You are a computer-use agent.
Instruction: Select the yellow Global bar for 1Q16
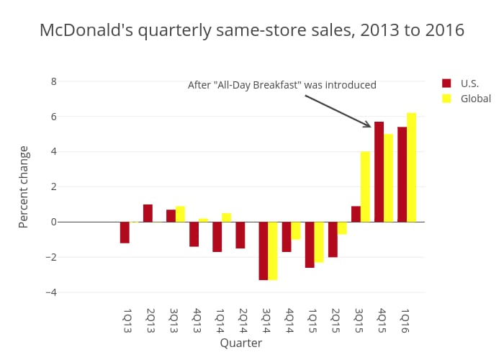[411, 167]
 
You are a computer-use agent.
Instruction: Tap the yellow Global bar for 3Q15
[365, 186]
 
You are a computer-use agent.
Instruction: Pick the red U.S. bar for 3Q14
[264, 251]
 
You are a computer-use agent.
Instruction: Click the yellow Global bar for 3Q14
[273, 251]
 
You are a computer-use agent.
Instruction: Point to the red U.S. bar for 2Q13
[148, 213]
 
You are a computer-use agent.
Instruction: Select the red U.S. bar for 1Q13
[125, 233]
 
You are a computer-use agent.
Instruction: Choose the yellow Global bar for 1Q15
[319, 242]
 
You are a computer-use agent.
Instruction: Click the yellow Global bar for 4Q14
[296, 230]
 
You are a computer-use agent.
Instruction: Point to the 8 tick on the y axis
[53, 81]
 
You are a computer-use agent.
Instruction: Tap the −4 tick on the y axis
[51, 292]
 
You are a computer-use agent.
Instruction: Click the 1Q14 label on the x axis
[220, 320]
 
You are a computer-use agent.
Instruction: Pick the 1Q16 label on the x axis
[405, 320]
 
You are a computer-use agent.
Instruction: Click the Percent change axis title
[24, 186]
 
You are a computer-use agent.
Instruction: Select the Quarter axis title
[241, 343]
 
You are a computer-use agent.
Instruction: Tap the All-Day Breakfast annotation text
[282, 85]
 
